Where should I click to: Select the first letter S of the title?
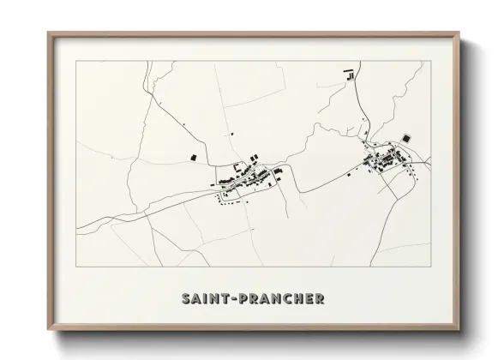point(186,299)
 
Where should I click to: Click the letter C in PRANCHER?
point(284,299)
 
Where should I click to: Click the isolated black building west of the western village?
point(193,157)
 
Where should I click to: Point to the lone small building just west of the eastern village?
point(351,170)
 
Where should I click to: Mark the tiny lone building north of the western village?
point(232,134)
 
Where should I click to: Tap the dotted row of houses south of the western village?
point(232,201)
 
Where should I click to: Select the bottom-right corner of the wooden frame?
point(459,329)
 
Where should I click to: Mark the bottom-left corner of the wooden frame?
point(49,329)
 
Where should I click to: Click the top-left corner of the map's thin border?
point(75,61)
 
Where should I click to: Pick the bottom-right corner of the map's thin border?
point(431,266)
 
